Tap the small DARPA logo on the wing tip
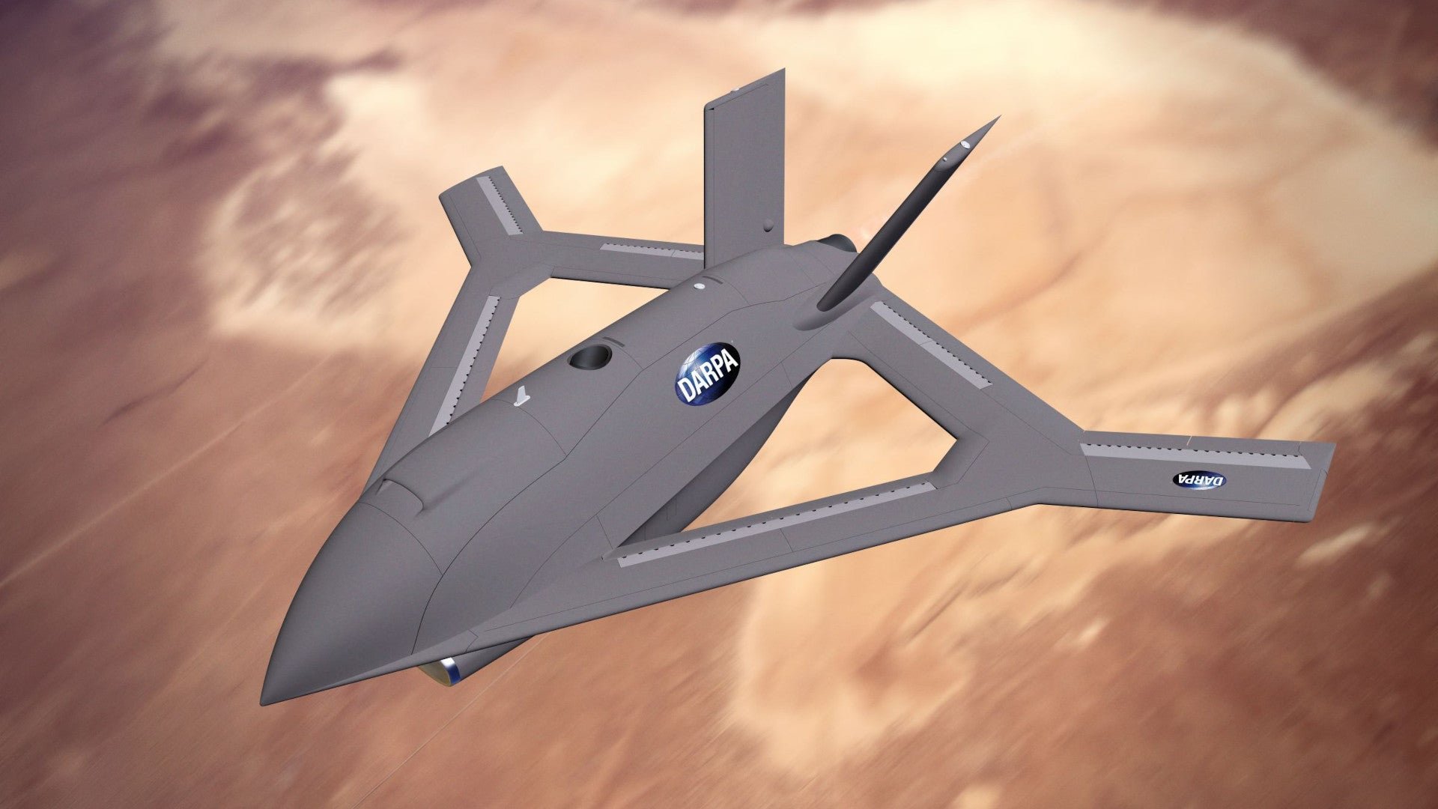pyautogui.click(x=1198, y=479)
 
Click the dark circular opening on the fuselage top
pyautogui.click(x=590, y=357)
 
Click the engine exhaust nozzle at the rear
pyautogui.click(x=839, y=243)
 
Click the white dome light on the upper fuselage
pyautogui.click(x=700, y=286)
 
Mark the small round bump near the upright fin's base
pyautogui.click(x=769, y=224)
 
